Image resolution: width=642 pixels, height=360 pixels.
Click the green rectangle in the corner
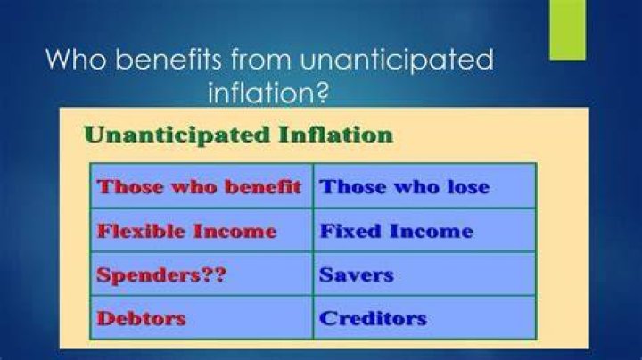coord(567,29)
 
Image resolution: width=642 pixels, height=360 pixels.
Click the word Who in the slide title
coord(76,59)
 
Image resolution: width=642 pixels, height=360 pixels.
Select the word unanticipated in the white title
coord(396,60)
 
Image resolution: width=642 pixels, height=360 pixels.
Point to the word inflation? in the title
coord(268,93)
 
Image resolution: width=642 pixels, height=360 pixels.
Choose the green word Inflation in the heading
coord(336,135)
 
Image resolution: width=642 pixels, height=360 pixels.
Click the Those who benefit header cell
coord(202,185)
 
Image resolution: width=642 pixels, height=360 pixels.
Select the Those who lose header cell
coord(424,185)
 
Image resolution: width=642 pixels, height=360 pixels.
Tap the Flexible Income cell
coord(202,230)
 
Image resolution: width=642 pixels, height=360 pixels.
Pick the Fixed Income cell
coord(424,230)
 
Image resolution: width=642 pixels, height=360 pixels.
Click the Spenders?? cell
coord(202,274)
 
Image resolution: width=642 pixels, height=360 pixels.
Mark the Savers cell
coord(424,274)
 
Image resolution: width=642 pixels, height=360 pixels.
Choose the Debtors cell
coord(202,317)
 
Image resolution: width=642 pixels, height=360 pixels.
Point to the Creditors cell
coord(424,317)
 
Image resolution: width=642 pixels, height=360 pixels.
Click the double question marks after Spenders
coord(214,274)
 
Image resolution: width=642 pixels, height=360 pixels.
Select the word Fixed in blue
coord(350,231)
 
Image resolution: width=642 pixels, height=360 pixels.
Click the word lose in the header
coord(468,187)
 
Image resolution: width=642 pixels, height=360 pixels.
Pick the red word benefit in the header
coord(263,187)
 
